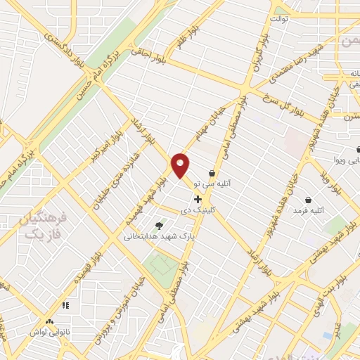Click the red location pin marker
(181, 165)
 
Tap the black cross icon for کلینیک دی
(198, 200)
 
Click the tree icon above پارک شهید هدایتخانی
(159, 226)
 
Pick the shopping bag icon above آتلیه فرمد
(309, 200)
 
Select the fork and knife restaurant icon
(66, 304)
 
